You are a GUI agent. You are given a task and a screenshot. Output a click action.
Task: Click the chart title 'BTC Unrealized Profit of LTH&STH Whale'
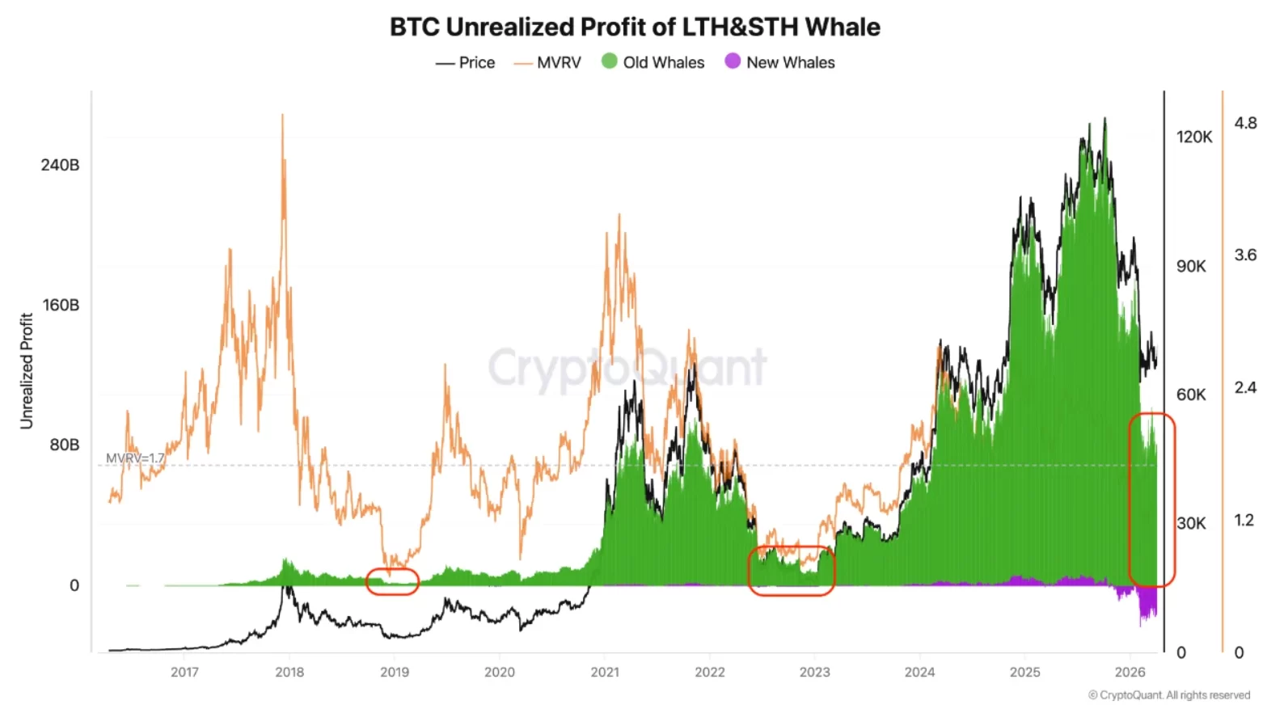click(x=635, y=27)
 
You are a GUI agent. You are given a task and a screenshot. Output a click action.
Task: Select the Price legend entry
click(x=466, y=62)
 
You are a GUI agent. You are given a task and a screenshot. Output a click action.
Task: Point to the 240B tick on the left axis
click(x=61, y=165)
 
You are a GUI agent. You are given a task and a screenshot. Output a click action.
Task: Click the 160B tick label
click(x=61, y=305)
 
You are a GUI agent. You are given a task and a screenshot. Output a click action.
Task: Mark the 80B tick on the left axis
click(x=65, y=445)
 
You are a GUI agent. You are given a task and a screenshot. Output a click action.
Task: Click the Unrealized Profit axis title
click(x=27, y=371)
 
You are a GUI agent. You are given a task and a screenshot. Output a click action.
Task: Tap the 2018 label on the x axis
click(x=289, y=672)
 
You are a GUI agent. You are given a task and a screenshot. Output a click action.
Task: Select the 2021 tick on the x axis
click(x=605, y=672)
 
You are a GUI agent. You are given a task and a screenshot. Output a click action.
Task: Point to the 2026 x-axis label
click(x=1130, y=672)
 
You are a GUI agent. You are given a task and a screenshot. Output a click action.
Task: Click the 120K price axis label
click(x=1194, y=137)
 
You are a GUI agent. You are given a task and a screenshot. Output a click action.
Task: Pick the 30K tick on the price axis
click(x=1191, y=523)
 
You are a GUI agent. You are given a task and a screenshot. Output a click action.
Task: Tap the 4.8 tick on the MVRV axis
click(x=1245, y=123)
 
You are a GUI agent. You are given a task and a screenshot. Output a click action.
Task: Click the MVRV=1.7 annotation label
click(x=135, y=458)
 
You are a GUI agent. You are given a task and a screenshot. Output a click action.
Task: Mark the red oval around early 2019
click(x=392, y=582)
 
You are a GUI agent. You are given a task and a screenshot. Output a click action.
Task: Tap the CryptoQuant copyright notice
click(x=1169, y=695)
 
